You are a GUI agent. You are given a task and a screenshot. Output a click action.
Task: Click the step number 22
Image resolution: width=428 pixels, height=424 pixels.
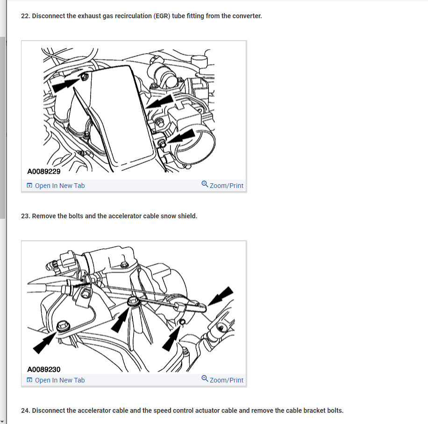[25, 16]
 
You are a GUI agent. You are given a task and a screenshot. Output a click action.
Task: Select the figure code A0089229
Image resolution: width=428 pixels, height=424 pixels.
[43, 171]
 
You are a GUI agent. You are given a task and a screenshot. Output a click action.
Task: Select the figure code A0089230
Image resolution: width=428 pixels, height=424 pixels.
[43, 369]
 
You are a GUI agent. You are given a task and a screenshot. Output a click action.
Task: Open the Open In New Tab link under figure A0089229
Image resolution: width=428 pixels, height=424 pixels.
[56, 186]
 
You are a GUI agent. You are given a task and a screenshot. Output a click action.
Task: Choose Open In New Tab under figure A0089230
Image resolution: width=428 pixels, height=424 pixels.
[56, 380]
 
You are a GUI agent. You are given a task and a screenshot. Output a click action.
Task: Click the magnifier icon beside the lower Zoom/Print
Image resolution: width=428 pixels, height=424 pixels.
[205, 378]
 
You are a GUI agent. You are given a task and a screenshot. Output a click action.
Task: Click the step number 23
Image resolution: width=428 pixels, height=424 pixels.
[25, 216]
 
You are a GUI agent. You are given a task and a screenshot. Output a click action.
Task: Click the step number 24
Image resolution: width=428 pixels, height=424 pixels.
[25, 410]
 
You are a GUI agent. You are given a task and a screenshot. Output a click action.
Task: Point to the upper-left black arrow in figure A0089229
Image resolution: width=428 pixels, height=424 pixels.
[66, 84]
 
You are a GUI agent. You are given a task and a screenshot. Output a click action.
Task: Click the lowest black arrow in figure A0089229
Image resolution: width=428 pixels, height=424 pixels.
[181, 137]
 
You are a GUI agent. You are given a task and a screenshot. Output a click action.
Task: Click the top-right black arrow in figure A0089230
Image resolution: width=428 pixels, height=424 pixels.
[221, 296]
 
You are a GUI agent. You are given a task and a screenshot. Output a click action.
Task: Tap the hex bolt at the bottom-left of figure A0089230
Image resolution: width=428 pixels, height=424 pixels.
[63, 326]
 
